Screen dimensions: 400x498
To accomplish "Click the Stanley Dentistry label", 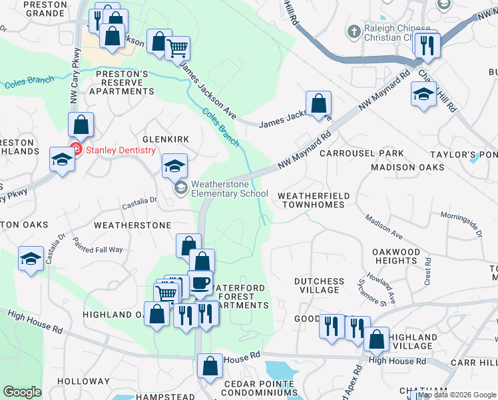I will coord(118,150).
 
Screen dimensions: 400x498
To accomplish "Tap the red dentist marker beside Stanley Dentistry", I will coord(76,150).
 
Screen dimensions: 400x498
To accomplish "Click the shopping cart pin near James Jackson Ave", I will coord(177,48).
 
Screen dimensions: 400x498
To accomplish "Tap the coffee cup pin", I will coord(200,282).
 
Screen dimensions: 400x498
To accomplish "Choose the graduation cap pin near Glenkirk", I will coord(175,165).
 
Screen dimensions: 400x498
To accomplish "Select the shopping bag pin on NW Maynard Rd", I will coord(319,103).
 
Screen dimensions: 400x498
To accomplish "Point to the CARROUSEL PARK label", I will coord(362,153).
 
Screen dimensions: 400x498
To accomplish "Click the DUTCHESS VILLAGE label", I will coord(320,286).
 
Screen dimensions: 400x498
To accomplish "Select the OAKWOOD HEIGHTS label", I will coord(397,256).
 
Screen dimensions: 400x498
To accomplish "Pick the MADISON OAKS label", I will coord(407,167).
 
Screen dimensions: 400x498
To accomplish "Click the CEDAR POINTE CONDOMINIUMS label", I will coord(259,389).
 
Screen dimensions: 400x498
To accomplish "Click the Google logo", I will coord(22,392).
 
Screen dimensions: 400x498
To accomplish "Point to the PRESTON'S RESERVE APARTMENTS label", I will coord(122,82).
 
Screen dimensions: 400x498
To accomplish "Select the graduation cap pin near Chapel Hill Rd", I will coord(423,94).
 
